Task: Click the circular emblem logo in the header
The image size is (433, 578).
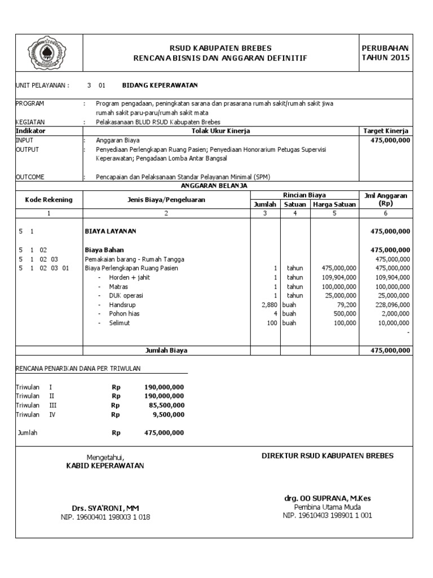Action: point(48,52)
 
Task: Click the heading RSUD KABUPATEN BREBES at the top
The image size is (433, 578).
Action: point(220,48)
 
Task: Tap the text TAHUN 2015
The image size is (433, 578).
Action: point(386,58)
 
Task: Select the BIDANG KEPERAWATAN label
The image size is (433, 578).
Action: point(160,85)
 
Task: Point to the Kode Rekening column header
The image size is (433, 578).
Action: point(48,199)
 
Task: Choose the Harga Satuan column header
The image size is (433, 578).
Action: point(334,204)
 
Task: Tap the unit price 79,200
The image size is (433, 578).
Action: point(347,304)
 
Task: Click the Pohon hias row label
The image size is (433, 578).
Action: point(124,313)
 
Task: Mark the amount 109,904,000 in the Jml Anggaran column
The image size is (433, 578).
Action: point(392,277)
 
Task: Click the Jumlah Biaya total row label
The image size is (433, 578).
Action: point(166,351)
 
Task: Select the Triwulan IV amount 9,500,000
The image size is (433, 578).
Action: point(168,414)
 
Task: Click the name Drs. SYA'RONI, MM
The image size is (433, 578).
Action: point(105,508)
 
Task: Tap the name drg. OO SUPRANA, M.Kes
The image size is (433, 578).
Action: point(327,498)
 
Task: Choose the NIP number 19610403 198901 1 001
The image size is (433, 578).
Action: point(327,515)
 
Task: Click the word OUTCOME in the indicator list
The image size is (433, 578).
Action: point(30,177)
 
